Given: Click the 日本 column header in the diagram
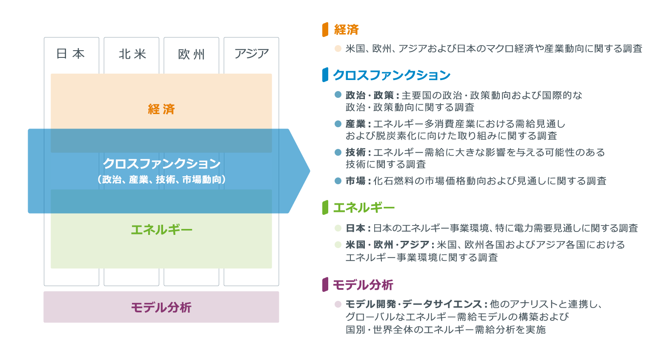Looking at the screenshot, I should [71, 53].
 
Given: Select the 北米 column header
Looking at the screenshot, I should [132, 53].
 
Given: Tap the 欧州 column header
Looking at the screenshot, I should [191, 53].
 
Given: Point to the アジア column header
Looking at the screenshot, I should [251, 53].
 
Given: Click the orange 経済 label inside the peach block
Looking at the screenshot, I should [161, 109].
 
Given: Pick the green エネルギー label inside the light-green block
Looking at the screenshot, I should [161, 230].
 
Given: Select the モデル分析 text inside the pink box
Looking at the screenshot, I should [161, 307].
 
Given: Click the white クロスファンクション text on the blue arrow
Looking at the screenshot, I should [161, 163].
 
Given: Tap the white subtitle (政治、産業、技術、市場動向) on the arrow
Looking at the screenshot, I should [161, 180].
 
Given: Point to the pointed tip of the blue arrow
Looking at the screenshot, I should [309, 171].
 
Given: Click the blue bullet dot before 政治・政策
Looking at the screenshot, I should [338, 94].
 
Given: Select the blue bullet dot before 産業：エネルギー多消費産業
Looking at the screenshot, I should [338, 124].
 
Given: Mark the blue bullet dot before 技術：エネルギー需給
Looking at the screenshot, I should [338, 152].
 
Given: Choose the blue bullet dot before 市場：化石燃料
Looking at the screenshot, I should [338, 181].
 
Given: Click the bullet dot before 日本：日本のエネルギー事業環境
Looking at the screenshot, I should [338, 228].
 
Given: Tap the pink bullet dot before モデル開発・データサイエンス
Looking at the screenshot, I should [338, 304].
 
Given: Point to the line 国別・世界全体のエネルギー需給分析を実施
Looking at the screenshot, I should [445, 329].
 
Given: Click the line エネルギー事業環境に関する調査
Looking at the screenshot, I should [421, 257].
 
